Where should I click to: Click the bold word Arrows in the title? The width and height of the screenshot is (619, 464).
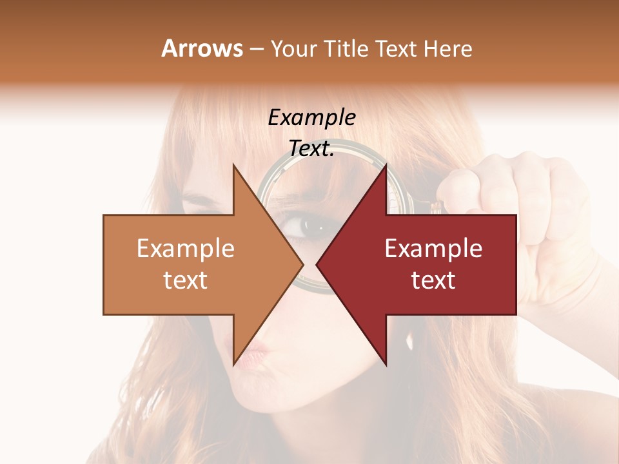(x=202, y=48)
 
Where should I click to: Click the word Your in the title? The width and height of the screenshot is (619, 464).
(x=294, y=49)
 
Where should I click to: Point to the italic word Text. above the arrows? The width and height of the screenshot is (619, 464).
(x=311, y=149)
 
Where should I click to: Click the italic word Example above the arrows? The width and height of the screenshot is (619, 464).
(x=311, y=118)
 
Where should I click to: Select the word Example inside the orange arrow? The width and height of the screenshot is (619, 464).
(x=186, y=249)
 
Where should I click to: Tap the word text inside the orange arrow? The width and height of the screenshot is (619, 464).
(x=186, y=280)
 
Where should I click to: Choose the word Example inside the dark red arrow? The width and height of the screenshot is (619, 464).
(x=433, y=249)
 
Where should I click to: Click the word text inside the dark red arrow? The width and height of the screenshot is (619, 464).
(x=433, y=280)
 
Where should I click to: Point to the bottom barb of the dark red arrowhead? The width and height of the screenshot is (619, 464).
(x=386, y=363)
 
